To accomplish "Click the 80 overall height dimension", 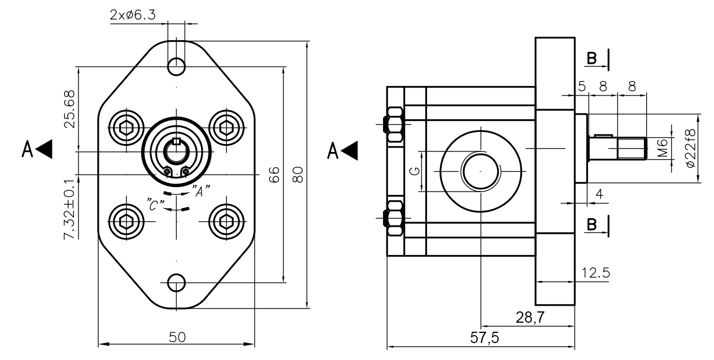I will pyautogui.click(x=300, y=174).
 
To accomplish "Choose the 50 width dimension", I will pyautogui.click(x=177, y=337).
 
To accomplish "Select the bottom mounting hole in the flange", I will pyautogui.click(x=177, y=282).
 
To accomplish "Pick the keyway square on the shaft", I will pyautogui.click(x=176, y=141).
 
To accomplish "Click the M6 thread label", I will pyautogui.click(x=664, y=148).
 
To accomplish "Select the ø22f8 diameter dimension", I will pyautogui.click(x=691, y=148).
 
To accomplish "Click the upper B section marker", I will pyautogui.click(x=591, y=59).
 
